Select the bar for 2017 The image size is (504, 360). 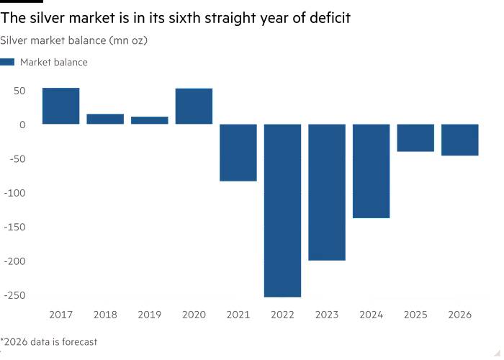pyautogui.click(x=61, y=106)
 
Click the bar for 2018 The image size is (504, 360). pyautogui.click(x=105, y=119)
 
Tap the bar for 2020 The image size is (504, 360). pyautogui.click(x=194, y=107)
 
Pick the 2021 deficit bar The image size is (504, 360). pyautogui.click(x=238, y=153)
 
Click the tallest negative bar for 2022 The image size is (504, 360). pyautogui.click(x=282, y=210)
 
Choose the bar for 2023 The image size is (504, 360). pyautogui.click(x=327, y=192)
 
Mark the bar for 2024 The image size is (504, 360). pyautogui.click(x=372, y=171)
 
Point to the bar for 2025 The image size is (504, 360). pyautogui.click(x=415, y=138)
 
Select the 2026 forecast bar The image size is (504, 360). pyautogui.click(x=460, y=140)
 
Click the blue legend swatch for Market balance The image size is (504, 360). pyautogui.click(x=8, y=63)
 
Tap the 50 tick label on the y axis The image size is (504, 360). pyautogui.click(x=18, y=91)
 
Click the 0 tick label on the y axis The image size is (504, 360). pyautogui.click(x=22, y=125)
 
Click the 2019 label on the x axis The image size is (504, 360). pyautogui.click(x=150, y=315)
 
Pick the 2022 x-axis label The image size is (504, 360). pyautogui.click(x=282, y=315)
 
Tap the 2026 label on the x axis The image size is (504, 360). pyautogui.click(x=460, y=315)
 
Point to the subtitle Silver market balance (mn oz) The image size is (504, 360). pyautogui.click(x=74, y=40)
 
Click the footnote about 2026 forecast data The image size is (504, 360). pyautogui.click(x=49, y=342)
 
